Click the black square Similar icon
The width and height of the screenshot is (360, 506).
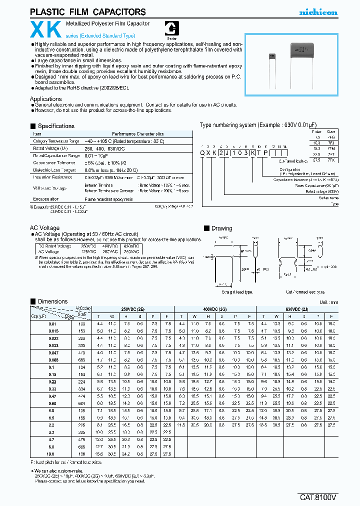tap(171, 29)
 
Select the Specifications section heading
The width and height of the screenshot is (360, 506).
tap(56, 126)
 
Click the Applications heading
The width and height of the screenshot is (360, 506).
tap(45, 99)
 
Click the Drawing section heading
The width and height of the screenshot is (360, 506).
tap(221, 228)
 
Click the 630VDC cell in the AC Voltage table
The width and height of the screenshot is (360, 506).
tap(131, 246)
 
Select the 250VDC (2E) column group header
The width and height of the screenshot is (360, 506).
tap(132, 309)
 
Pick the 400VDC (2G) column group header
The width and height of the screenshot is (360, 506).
tap(214, 309)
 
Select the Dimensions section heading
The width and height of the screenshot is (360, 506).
tap(52, 301)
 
